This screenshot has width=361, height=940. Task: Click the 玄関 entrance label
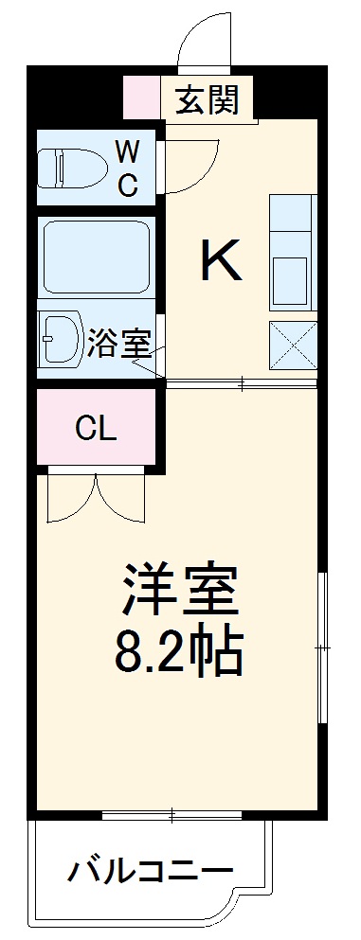click(205, 98)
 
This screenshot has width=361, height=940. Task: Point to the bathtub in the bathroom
click(95, 256)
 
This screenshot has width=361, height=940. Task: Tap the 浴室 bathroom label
click(118, 344)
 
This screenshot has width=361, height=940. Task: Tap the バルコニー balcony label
click(149, 869)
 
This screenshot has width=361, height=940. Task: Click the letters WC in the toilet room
click(127, 168)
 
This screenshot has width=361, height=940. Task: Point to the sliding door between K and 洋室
click(242, 382)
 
